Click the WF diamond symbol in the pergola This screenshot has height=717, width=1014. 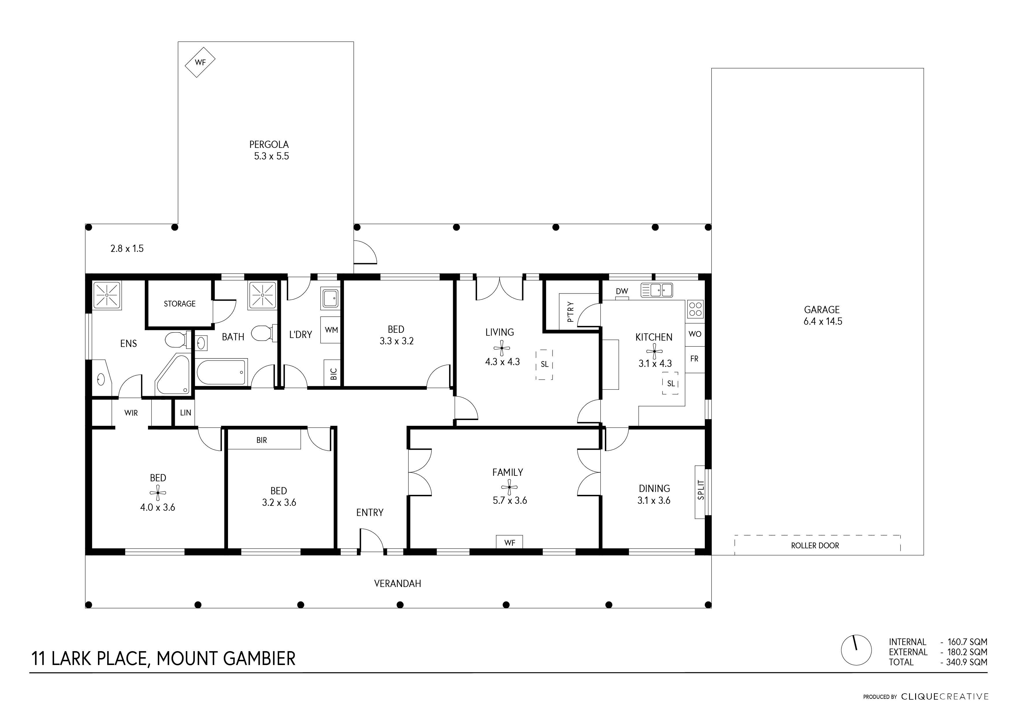pos(200,62)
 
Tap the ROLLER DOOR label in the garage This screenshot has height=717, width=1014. pos(815,546)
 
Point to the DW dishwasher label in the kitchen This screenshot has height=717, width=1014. pos(622,291)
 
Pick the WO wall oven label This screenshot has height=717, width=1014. pos(695,334)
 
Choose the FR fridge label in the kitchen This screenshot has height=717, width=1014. pos(694,359)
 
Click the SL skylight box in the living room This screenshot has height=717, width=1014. pos(544,365)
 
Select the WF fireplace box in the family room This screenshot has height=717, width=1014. pos(510,542)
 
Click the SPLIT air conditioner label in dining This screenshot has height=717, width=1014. pos(701,490)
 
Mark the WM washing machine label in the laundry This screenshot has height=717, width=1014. pos(331,330)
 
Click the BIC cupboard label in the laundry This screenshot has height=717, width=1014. pos(333,374)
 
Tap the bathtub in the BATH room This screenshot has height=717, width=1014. pos(221,372)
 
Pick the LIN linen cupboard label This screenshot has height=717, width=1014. pos(186,413)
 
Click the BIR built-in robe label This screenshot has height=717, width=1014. pos(262,440)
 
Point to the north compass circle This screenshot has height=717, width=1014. pos(856,650)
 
